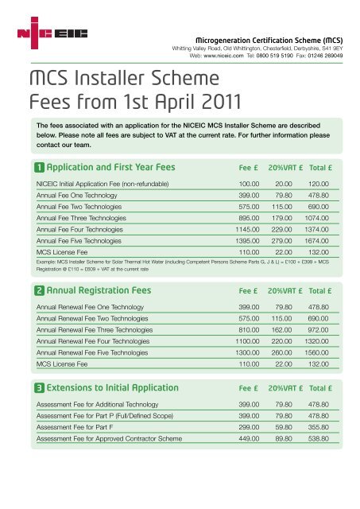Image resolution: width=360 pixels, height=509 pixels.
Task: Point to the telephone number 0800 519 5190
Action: [x=281, y=57]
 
